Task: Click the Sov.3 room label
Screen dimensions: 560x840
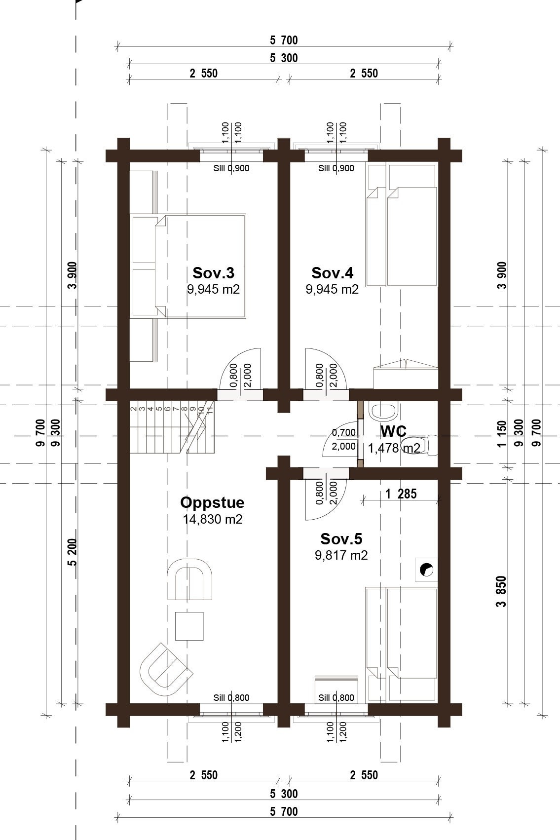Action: click(x=213, y=273)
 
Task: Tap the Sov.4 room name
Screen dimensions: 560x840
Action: click(x=332, y=273)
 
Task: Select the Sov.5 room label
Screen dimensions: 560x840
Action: click(x=341, y=539)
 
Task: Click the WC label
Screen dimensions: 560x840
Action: click(x=393, y=432)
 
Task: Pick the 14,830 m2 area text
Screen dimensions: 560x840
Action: click(x=213, y=519)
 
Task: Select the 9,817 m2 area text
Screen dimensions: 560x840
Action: click(x=341, y=555)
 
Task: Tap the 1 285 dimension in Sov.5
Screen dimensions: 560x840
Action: click(x=401, y=494)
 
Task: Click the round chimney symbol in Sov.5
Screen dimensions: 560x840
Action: click(x=427, y=570)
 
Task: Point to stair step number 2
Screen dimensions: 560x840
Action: click(x=133, y=408)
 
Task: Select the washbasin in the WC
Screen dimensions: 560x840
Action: click(x=382, y=412)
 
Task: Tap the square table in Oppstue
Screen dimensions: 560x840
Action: click(x=189, y=626)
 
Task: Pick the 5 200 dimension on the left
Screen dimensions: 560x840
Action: click(x=72, y=552)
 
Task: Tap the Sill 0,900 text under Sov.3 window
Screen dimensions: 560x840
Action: click(x=231, y=168)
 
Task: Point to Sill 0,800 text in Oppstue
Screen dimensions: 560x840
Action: click(x=231, y=698)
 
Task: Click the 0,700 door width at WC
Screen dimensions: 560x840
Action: click(x=344, y=433)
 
